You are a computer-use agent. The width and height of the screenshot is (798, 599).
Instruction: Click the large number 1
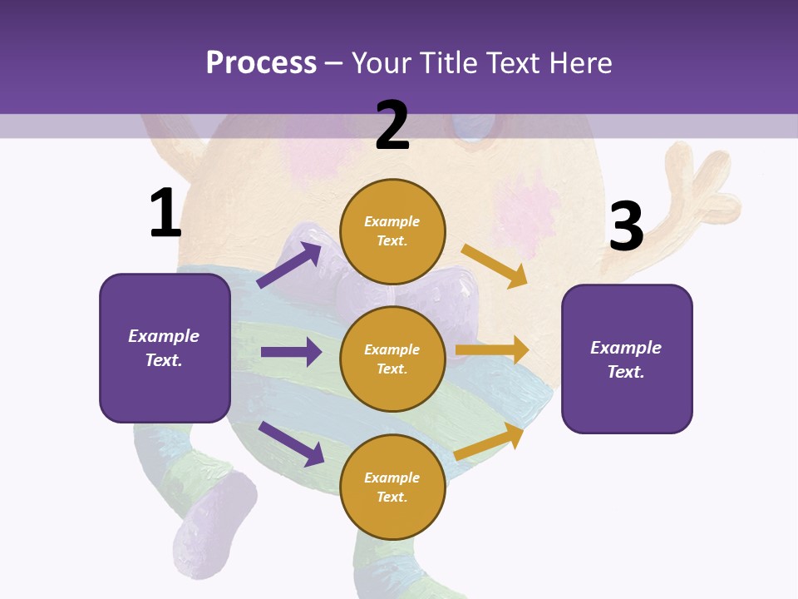coord(165,213)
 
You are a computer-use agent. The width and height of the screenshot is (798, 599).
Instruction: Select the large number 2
coord(392,125)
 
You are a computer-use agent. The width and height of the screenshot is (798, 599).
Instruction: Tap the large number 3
coord(626,225)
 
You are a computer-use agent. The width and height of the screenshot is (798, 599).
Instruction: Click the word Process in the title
coord(261,62)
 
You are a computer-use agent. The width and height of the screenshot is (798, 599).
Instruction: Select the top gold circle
coord(392,231)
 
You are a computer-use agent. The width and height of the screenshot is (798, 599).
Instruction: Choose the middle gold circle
coord(392,359)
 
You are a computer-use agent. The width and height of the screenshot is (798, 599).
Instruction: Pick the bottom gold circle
coord(392,487)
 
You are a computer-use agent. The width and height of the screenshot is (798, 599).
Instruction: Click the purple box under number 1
coord(165,348)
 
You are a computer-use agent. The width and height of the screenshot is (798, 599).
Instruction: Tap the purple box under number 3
coord(627,359)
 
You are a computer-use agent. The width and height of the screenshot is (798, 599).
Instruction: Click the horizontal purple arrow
coord(291,352)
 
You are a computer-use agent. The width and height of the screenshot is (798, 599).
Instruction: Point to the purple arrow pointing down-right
coord(291,443)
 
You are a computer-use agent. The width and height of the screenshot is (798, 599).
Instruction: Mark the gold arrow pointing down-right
coord(495,265)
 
